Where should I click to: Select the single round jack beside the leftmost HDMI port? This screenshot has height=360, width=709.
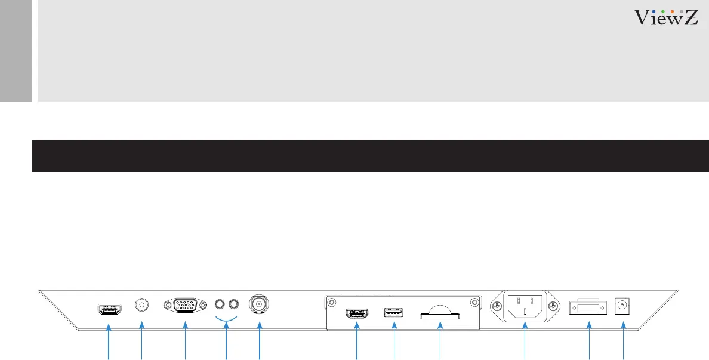[x=142, y=305]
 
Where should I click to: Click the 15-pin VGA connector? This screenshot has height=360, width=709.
[x=185, y=306]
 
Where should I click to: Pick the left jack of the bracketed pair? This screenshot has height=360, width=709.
[x=220, y=304]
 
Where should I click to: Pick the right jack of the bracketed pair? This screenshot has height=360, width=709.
[x=233, y=304]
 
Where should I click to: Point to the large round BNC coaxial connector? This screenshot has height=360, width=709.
[x=259, y=304]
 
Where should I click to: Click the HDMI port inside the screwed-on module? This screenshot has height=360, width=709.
[x=356, y=313]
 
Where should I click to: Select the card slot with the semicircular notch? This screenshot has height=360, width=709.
[x=440, y=314]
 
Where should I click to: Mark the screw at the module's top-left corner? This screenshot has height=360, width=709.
[x=332, y=302]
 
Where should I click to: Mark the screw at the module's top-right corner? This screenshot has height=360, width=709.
[x=474, y=302]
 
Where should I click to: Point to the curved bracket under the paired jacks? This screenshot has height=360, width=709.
[x=226, y=317]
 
